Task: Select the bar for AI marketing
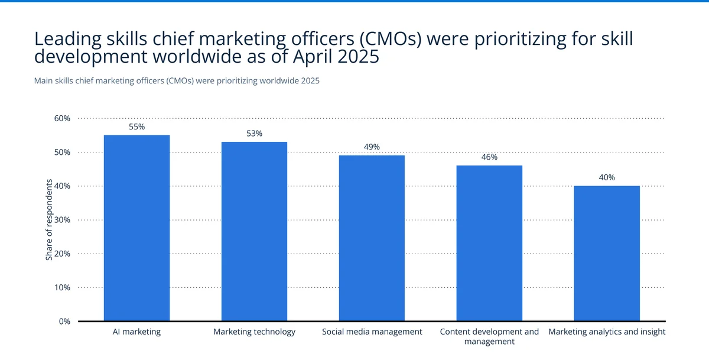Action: [x=136, y=228]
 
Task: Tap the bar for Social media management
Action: [x=372, y=238]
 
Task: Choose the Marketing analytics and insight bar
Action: [x=607, y=254]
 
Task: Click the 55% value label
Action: [x=136, y=127]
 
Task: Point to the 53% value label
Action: [x=254, y=134]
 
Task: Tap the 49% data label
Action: [x=372, y=147]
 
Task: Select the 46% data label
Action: [x=489, y=157]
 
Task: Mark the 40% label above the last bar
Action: [x=607, y=177]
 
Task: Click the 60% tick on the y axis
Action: [x=62, y=118]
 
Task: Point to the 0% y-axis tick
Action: [x=64, y=322]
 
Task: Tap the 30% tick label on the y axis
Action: [x=62, y=220]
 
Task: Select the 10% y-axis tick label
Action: [x=62, y=288]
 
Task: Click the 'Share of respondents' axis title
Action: [x=49, y=219]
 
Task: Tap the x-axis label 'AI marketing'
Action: [x=136, y=332]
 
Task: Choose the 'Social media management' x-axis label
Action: [x=372, y=332]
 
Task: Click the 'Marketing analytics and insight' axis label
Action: [x=607, y=332]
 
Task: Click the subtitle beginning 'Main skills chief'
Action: [x=177, y=81]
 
